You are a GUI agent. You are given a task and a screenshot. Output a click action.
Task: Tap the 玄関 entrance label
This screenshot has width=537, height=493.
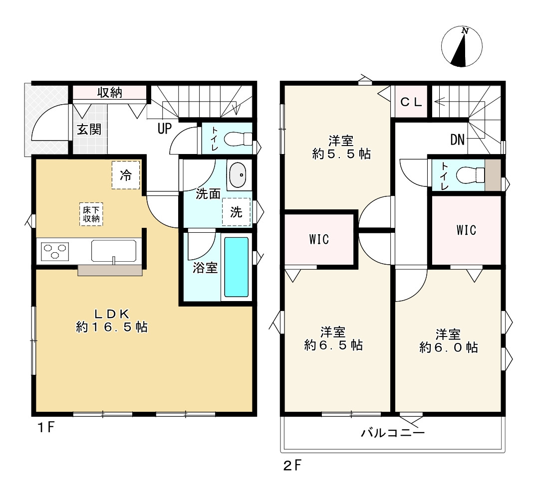(89, 129)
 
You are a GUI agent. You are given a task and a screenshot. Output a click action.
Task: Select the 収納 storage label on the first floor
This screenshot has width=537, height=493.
(110, 93)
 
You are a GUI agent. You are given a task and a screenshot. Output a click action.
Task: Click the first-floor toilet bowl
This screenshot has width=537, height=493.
(236, 139)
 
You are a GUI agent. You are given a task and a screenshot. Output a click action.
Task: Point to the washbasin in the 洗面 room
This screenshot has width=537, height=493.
(238, 175)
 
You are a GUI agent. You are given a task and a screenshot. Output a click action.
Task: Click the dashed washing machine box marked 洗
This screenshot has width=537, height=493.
(236, 212)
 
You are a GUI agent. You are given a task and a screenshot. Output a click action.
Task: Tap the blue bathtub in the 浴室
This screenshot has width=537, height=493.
(236, 267)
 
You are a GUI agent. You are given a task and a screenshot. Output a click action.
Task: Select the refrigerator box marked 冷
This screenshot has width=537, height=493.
(126, 175)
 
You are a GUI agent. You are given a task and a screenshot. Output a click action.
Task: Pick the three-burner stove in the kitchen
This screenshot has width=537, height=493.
(54, 250)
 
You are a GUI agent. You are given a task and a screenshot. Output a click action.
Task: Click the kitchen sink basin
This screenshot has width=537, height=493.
(114, 251)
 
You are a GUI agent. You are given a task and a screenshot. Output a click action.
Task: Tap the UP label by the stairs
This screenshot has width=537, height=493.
(165, 129)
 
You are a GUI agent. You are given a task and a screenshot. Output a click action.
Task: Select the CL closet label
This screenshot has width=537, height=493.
(412, 102)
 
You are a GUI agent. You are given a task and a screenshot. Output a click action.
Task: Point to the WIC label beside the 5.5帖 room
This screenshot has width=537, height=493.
(319, 240)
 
